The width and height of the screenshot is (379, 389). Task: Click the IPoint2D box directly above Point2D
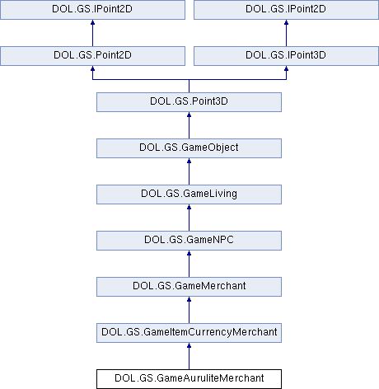pyautogui.click(x=92, y=10)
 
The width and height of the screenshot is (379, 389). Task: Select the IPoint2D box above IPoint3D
pyautogui.click(x=286, y=10)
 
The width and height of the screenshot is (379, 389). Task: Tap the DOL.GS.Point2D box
pyautogui.click(x=92, y=56)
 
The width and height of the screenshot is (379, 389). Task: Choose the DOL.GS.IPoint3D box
pyautogui.click(x=286, y=56)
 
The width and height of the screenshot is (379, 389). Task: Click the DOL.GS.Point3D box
pyautogui.click(x=189, y=102)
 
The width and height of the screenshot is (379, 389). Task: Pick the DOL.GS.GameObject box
pyautogui.click(x=189, y=148)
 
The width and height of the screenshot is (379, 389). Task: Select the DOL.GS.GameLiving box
pyautogui.click(x=189, y=194)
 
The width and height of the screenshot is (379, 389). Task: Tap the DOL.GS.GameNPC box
pyautogui.click(x=189, y=241)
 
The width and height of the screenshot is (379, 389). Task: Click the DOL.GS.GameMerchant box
pyautogui.click(x=189, y=287)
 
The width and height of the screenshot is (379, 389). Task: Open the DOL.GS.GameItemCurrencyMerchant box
pyautogui.click(x=189, y=333)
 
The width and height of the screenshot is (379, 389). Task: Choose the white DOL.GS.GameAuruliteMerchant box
pyautogui.click(x=189, y=379)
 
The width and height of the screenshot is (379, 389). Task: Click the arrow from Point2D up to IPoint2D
pyautogui.click(x=92, y=33)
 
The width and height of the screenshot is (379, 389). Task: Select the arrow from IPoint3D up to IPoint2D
pyautogui.click(x=286, y=33)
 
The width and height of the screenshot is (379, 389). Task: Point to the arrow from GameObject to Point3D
pyautogui.click(x=189, y=125)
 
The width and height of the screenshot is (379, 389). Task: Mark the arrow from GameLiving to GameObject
pyautogui.click(x=189, y=171)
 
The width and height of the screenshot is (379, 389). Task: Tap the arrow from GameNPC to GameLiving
pyautogui.click(x=189, y=218)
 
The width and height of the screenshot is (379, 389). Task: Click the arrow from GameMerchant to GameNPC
pyautogui.click(x=189, y=264)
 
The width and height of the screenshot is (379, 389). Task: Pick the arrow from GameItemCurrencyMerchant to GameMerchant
pyautogui.click(x=189, y=310)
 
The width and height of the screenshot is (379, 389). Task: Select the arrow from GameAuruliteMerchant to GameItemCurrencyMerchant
pyautogui.click(x=189, y=356)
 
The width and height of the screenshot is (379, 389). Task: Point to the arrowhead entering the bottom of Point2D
pyautogui.click(x=92, y=68)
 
